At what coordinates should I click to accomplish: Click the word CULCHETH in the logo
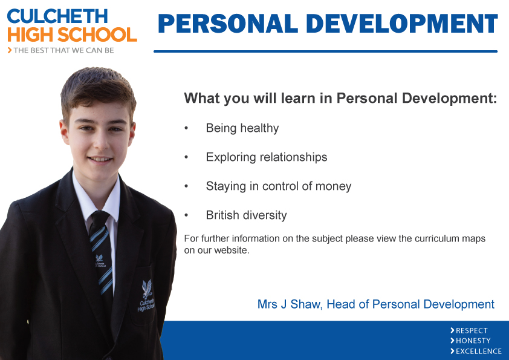(x=57, y=16)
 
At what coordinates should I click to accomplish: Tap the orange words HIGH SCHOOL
(x=72, y=34)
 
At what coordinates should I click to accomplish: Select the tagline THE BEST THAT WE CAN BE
(x=63, y=50)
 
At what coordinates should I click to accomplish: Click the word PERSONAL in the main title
(x=228, y=24)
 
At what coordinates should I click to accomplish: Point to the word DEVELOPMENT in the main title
(x=402, y=24)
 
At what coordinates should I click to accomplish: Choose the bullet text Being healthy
(x=242, y=128)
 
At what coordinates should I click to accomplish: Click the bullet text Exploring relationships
(x=267, y=157)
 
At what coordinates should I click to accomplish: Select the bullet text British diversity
(x=247, y=215)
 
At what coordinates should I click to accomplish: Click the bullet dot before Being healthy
(x=186, y=128)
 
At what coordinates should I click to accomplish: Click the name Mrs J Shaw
(x=289, y=304)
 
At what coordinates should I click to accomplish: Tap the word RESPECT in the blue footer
(x=472, y=331)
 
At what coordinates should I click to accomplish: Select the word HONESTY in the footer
(x=473, y=341)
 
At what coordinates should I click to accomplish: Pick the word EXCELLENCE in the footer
(x=479, y=352)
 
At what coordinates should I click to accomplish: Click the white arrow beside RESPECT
(x=452, y=330)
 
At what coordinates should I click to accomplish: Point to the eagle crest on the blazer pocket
(x=147, y=289)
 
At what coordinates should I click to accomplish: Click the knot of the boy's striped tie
(x=99, y=218)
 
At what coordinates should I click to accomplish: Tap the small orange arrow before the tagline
(x=10, y=50)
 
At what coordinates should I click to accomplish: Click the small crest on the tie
(x=99, y=258)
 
